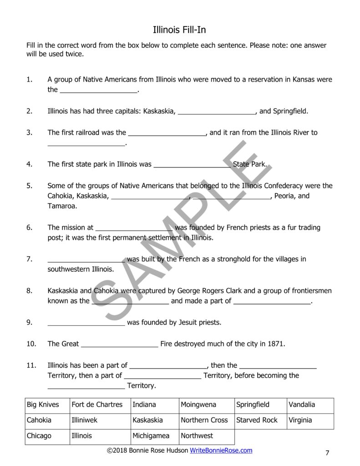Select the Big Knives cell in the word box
[x=43, y=405]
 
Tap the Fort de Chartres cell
[x=97, y=405]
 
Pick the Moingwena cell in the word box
[x=198, y=405]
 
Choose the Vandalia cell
[x=301, y=405]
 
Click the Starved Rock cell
[x=257, y=420]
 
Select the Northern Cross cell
[x=204, y=420]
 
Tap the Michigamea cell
[x=151, y=436]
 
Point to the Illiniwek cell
[x=85, y=420]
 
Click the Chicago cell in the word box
[x=39, y=436]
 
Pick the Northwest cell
[x=197, y=436]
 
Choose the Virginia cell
[x=300, y=420]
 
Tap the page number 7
[x=327, y=452]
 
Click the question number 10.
[x=31, y=344]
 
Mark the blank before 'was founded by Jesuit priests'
[x=86, y=324]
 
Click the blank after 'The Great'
[x=119, y=344]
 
